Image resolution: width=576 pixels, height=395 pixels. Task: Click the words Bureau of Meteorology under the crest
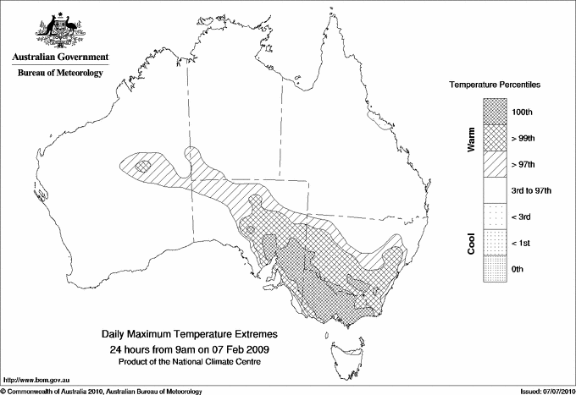click(60, 74)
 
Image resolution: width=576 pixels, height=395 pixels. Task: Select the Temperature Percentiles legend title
click(495, 86)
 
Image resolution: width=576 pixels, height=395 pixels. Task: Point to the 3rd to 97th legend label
click(532, 190)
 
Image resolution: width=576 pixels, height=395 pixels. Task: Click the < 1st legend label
click(522, 243)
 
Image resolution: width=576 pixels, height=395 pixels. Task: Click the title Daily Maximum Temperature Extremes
click(190, 335)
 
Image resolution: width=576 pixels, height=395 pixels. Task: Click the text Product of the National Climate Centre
click(190, 361)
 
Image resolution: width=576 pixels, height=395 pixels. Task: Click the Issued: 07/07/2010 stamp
click(546, 391)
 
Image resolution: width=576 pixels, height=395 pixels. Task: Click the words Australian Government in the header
click(60, 58)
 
